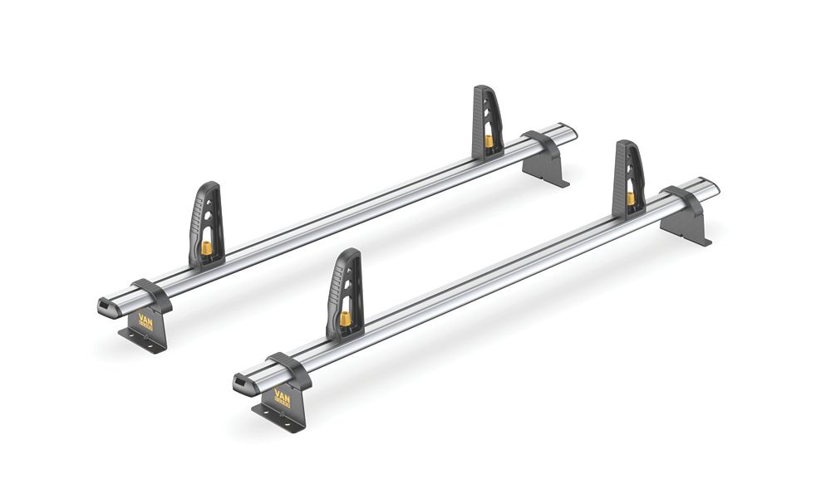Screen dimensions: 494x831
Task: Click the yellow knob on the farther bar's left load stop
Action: pos(206,248)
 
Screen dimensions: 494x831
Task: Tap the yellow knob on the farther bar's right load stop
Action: pos(489,141)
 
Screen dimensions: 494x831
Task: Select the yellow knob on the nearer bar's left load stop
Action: pos(344,319)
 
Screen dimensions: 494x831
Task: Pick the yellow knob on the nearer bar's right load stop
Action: pos(631,198)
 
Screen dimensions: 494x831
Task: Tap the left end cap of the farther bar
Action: pos(108,306)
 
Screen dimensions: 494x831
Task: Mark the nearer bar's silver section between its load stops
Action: pos(490,266)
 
